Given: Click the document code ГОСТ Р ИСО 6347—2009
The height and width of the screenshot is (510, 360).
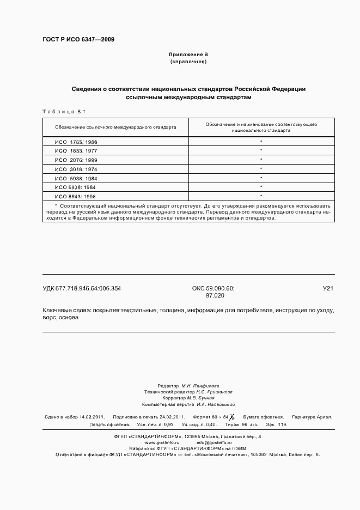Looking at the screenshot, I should pyautogui.click(x=78, y=40).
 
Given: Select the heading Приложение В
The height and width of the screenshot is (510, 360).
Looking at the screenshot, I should pyautogui.click(x=188, y=55).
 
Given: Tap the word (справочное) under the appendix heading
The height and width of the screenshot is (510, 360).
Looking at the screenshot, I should pyautogui.click(x=188, y=62).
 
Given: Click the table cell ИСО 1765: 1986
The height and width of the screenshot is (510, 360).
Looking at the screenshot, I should pyautogui.click(x=76, y=142).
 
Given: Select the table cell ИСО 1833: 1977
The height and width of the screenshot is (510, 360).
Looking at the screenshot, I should pyautogui.click(x=76, y=150).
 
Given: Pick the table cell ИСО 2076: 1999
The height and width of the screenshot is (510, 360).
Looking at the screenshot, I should pyautogui.click(x=76, y=160).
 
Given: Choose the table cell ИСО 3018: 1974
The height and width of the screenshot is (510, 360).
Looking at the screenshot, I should pyautogui.click(x=76, y=169).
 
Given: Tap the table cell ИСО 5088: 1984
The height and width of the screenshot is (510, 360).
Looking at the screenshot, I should pyautogui.click(x=76, y=178).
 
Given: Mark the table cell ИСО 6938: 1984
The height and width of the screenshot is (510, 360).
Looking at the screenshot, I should pyautogui.click(x=76, y=187).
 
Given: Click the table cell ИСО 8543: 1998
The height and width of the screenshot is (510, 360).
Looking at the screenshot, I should pyautogui.click(x=76, y=196).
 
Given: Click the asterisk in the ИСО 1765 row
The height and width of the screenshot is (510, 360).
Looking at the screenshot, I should pyautogui.click(x=261, y=142).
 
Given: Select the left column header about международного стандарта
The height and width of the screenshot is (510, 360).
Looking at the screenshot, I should pyautogui.click(x=115, y=127).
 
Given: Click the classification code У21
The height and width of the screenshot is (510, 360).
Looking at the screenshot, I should pyautogui.click(x=328, y=288).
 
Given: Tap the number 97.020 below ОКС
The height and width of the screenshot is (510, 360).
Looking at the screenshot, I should pyautogui.click(x=215, y=295).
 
